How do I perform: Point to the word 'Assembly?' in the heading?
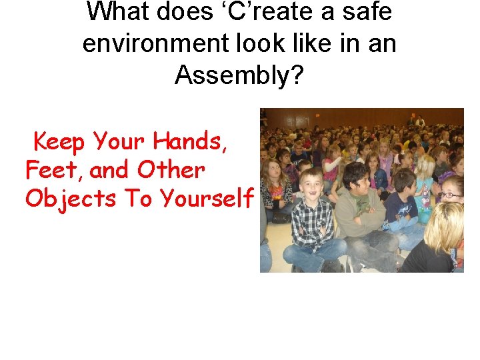click(239, 76)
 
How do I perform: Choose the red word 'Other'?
click(171, 171)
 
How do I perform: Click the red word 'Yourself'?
click(207, 199)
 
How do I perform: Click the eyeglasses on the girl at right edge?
click(449, 195)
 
